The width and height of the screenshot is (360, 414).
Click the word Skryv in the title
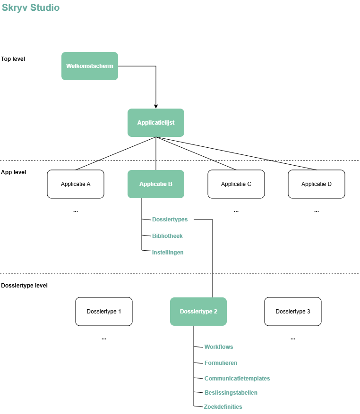click(15, 8)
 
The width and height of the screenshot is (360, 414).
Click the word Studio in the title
click(45, 8)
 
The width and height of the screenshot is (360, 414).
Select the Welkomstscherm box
click(90, 66)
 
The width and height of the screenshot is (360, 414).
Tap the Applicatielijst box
click(156, 123)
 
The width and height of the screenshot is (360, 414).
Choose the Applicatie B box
click(156, 184)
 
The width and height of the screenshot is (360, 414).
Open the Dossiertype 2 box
click(198, 312)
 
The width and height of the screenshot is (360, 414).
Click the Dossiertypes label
click(170, 220)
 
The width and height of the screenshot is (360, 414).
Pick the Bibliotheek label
click(167, 236)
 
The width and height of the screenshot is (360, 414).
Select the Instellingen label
click(167, 253)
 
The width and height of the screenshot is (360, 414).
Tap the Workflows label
click(218, 347)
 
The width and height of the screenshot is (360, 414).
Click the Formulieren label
click(221, 363)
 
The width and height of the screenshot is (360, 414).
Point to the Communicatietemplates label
click(237, 379)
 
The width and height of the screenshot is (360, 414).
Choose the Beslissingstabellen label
click(231, 393)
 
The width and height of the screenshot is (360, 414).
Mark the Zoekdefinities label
click(223, 407)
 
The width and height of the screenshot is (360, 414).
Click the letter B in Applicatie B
click(170, 184)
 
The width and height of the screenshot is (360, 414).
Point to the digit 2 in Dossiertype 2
click(215, 312)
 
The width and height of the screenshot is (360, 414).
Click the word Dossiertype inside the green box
click(196, 312)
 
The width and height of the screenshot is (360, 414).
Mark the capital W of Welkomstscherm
click(69, 66)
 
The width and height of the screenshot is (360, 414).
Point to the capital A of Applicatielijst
click(139, 123)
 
